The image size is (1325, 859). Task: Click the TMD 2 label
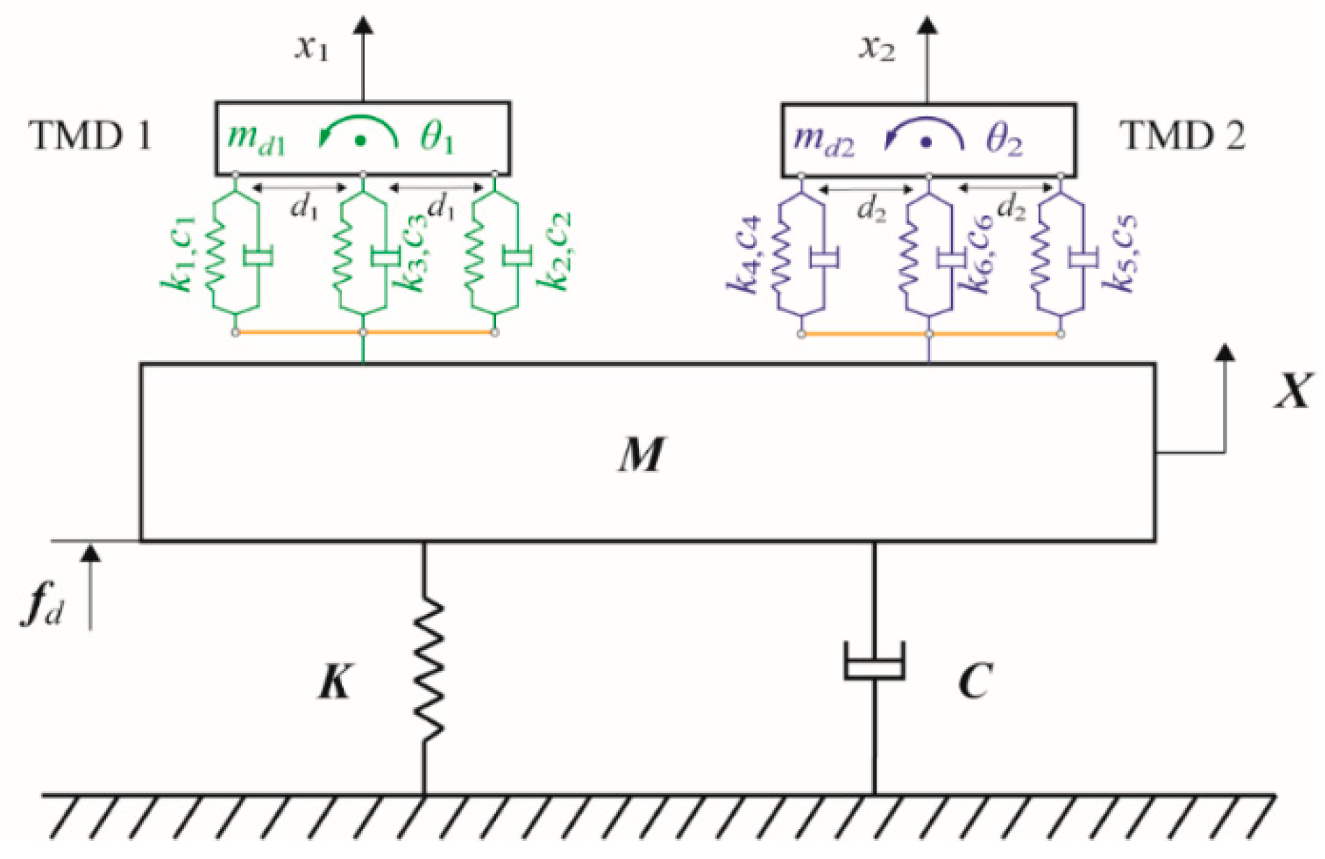1182,136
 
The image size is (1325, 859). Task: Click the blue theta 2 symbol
1004,140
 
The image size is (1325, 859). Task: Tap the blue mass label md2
823,140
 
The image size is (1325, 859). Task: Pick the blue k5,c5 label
1122,254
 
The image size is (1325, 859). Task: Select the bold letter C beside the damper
975,681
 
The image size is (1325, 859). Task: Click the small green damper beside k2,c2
516,256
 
